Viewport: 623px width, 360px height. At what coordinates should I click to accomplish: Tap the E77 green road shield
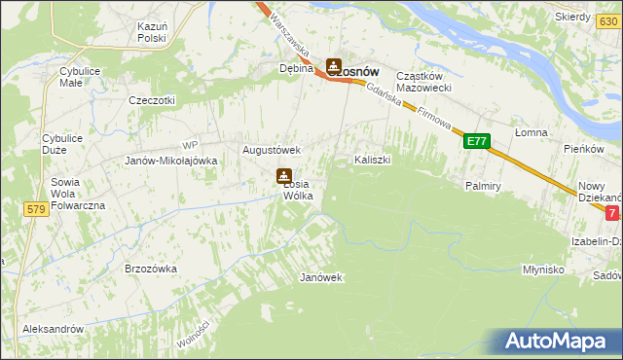[475, 141]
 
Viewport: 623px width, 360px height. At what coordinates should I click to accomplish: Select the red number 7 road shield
[611, 212]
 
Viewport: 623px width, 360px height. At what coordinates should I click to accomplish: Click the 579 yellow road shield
[37, 209]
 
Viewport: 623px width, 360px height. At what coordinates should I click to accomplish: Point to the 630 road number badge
[178, 40]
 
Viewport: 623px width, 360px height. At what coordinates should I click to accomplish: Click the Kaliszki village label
[373, 159]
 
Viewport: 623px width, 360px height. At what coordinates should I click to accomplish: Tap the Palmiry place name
[483, 185]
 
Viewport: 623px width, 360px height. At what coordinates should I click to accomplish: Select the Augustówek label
[272, 151]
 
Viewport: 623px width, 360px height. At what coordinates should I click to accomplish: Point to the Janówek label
[321, 277]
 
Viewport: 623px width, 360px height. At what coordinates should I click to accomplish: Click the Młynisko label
[543, 270]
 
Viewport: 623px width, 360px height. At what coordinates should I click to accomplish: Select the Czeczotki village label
[152, 100]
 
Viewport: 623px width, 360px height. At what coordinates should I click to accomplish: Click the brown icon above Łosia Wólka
[283, 176]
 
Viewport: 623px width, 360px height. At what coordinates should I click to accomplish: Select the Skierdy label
[573, 17]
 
